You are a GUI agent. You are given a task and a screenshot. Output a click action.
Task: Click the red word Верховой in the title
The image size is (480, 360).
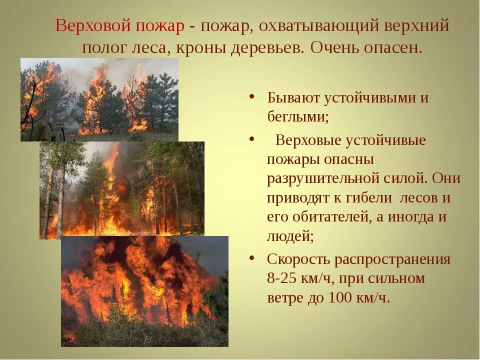pyautogui.click(x=93, y=26)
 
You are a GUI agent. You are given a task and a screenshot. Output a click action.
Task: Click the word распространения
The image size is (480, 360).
pyautogui.click(x=392, y=259)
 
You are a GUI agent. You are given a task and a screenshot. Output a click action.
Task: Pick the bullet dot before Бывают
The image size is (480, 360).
pyautogui.click(x=252, y=96)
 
